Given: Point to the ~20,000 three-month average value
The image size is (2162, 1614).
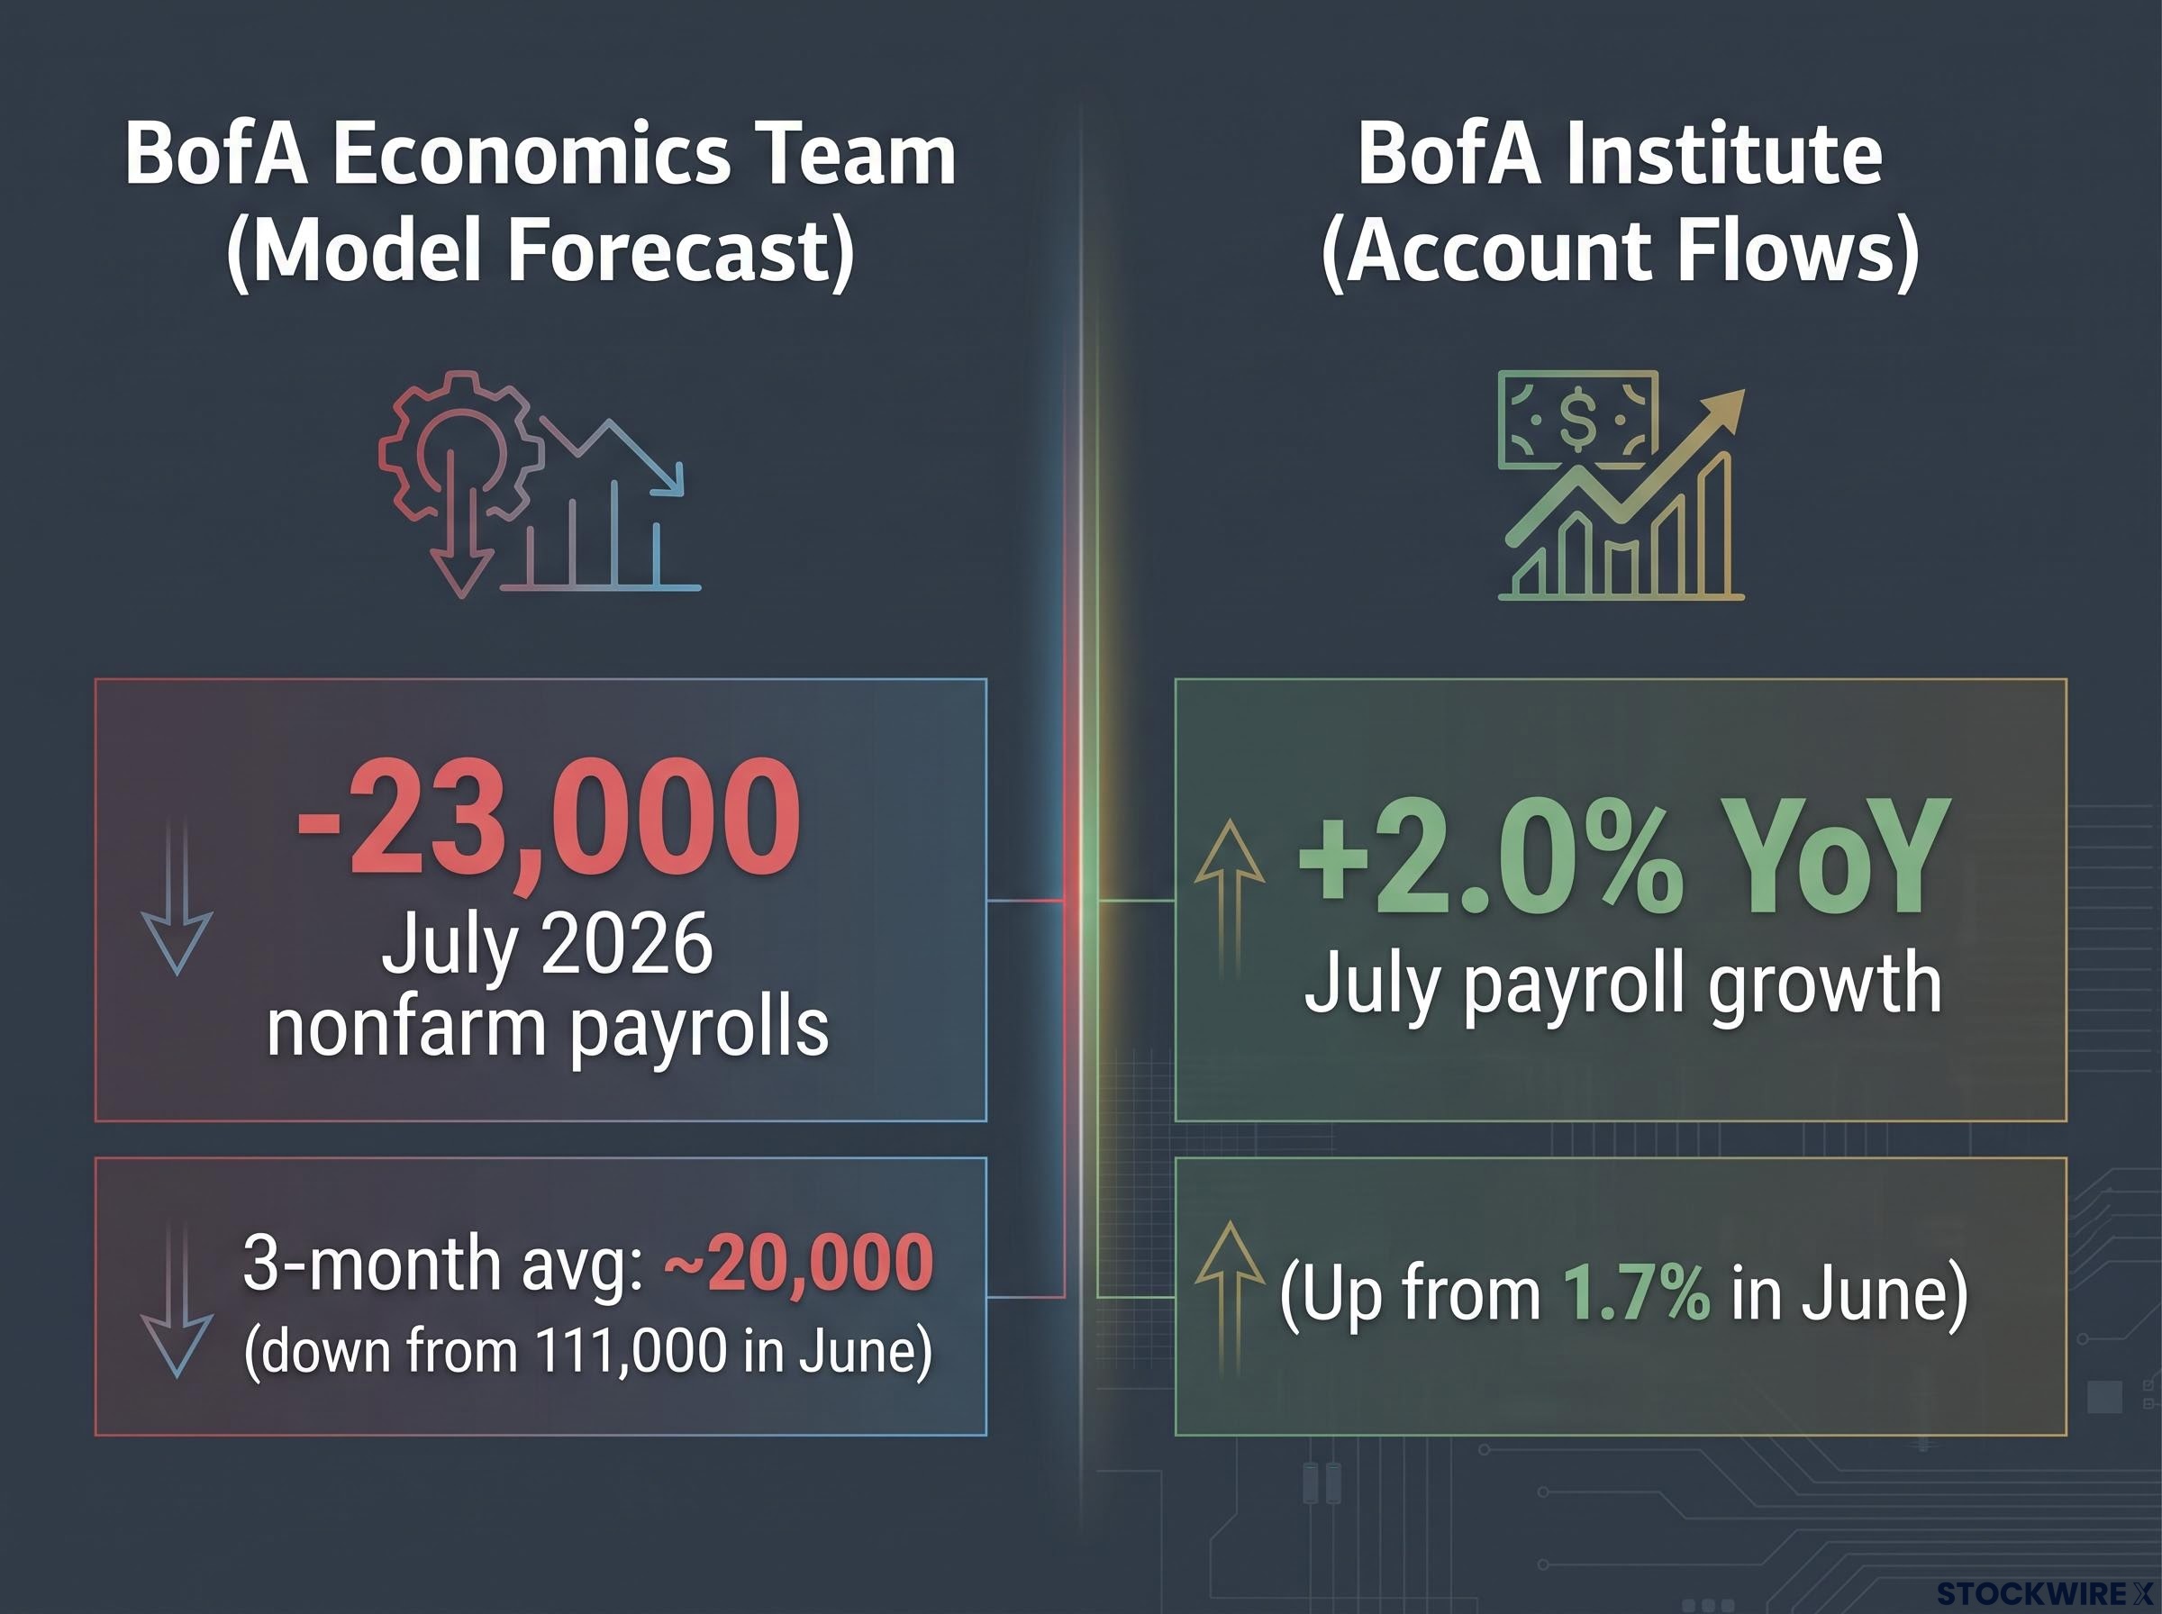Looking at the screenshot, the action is click(798, 1264).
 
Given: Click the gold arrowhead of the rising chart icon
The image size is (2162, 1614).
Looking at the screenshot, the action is click(1721, 412).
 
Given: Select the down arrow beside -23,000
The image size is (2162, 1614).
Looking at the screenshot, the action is click(177, 897).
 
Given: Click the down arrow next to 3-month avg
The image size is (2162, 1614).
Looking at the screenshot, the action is click(177, 1300).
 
